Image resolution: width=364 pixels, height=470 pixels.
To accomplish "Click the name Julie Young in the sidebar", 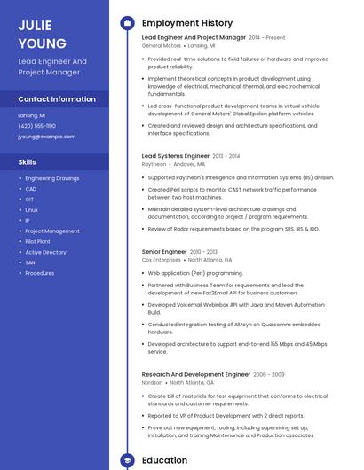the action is pyautogui.click(x=42, y=34).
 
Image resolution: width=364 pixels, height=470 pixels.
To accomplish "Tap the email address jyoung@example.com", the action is pyautogui.click(x=47, y=137).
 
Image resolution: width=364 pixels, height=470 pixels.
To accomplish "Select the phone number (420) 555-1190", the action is pyautogui.click(x=37, y=126).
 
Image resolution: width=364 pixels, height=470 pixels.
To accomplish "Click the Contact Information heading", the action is pyautogui.click(x=57, y=99).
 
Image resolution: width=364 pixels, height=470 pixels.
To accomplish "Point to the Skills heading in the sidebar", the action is pyautogui.click(x=28, y=162).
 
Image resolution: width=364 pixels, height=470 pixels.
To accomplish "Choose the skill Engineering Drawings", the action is pyautogui.click(x=51, y=178).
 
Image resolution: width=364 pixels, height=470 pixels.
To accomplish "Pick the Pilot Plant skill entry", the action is pyautogui.click(x=37, y=241).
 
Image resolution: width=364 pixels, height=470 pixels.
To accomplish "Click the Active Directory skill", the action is pyautogui.click(x=45, y=252).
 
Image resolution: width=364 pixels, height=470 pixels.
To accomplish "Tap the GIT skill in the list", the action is pyautogui.click(x=29, y=200).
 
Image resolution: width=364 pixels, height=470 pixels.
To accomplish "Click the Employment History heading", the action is pyautogui.click(x=187, y=23).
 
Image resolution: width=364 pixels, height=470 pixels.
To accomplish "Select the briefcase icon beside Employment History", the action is pyautogui.click(x=127, y=23).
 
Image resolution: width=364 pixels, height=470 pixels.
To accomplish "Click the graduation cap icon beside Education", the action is pyautogui.click(x=127, y=461).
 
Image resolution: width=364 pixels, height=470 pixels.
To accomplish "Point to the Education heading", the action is pyautogui.click(x=164, y=461).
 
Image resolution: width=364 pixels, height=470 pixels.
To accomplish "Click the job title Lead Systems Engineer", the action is pyautogui.click(x=176, y=156).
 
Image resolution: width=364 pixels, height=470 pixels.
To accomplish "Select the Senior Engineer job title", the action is pyautogui.click(x=164, y=252).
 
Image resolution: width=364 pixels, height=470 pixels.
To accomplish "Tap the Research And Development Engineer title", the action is pyautogui.click(x=196, y=375).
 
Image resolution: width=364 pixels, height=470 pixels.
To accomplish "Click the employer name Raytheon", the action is pyautogui.click(x=154, y=164).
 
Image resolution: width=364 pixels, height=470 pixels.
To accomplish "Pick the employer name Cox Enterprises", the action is pyautogui.click(x=162, y=260).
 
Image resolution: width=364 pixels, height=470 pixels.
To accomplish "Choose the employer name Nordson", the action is pyautogui.click(x=153, y=383).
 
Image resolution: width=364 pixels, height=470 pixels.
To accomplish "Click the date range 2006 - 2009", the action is pyautogui.click(x=269, y=375).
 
